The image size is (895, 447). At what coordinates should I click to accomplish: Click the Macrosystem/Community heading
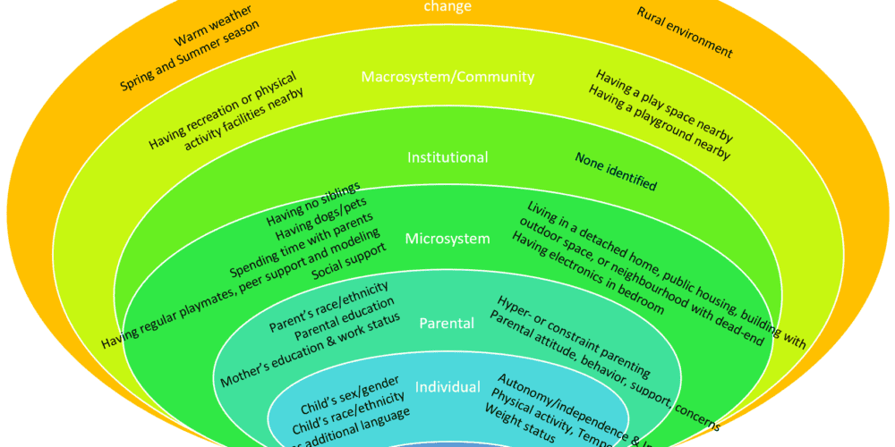point(447,77)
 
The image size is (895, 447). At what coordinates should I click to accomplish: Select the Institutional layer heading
point(447,157)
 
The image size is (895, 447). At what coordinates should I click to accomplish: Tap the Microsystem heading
point(447,239)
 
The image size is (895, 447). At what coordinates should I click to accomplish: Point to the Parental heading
point(447,323)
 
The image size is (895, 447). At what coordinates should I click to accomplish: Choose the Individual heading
point(447,387)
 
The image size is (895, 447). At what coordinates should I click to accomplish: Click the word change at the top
point(447,6)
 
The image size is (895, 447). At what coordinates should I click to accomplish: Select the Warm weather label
point(212,28)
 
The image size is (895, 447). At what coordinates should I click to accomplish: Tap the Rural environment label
point(685,32)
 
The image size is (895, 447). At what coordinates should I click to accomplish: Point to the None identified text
point(615,172)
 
